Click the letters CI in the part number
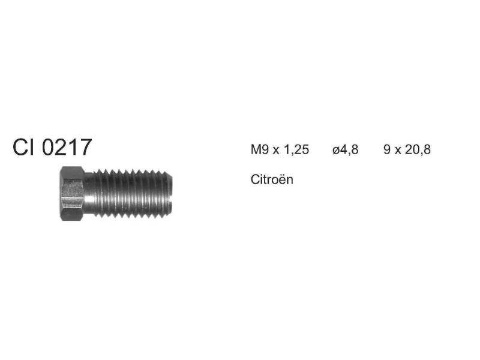coord(24,147)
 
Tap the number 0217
coord(67,147)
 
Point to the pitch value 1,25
coord(296,150)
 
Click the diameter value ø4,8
coord(346,150)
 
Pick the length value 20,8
coord(418,150)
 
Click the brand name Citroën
coord(272,179)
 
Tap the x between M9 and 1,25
coord(276,151)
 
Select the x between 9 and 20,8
coord(398,151)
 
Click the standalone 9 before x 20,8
coord(387,149)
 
